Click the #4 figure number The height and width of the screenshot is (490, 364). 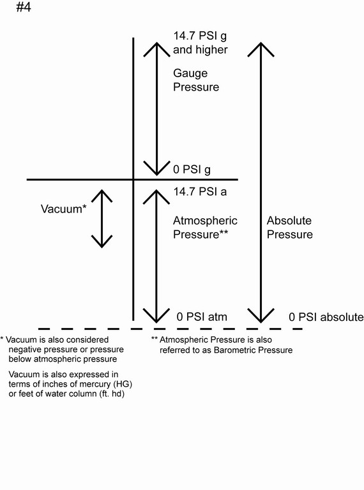pyautogui.click(x=24, y=7)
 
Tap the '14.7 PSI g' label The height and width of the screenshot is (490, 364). pyautogui.click(x=200, y=36)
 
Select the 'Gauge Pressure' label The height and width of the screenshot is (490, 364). pyautogui.click(x=196, y=80)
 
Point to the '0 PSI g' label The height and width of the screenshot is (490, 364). pyautogui.click(x=192, y=170)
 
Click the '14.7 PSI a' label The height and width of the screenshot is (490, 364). pyautogui.click(x=200, y=191)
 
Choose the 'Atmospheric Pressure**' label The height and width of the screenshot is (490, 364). pyautogui.click(x=205, y=228)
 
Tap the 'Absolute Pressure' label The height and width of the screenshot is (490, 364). pyautogui.click(x=289, y=228)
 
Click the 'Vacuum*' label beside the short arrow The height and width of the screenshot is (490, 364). pyautogui.click(x=63, y=209)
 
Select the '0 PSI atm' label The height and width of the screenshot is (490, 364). pyautogui.click(x=202, y=316)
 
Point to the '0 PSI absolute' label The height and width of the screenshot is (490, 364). pyautogui.click(x=326, y=317)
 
